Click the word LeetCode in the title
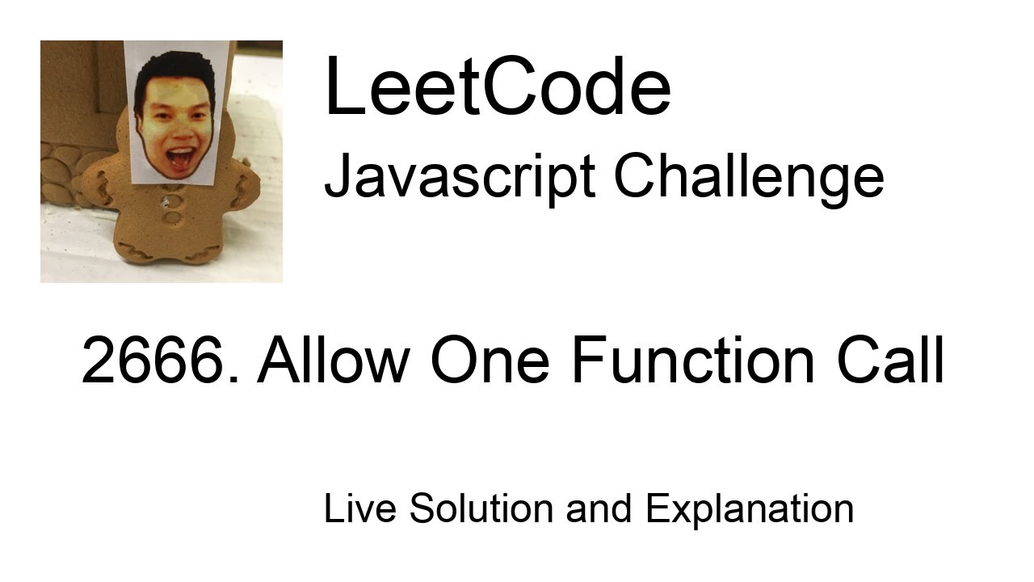tap(497, 87)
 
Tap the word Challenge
tap(748, 177)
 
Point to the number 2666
tap(159, 361)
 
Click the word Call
tap(889, 361)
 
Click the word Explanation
tap(749, 509)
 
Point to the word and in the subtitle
tap(599, 509)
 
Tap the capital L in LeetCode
tap(340, 87)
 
